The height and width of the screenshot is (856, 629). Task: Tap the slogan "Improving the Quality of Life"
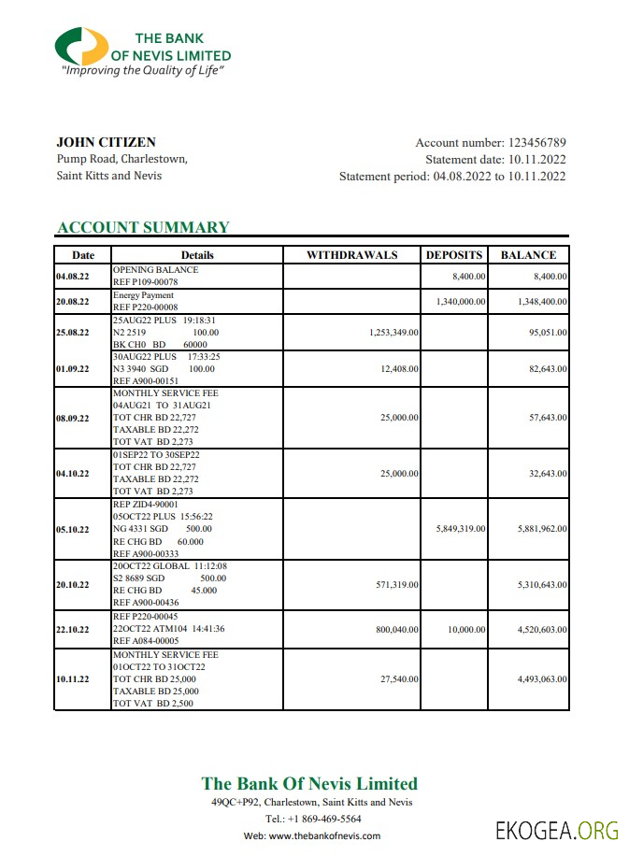pos(144,70)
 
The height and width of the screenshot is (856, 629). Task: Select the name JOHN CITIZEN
pos(107,142)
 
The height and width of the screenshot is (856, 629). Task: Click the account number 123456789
pos(536,143)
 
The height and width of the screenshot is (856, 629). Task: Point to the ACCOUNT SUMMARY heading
pos(143,227)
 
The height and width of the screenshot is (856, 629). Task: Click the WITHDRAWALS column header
pos(351,255)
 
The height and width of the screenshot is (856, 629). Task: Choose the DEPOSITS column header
pos(454,255)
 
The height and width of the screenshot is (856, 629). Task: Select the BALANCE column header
pos(528,255)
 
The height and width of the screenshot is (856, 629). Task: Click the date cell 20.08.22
pos(73,302)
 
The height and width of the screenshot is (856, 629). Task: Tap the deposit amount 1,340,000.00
pos(460,302)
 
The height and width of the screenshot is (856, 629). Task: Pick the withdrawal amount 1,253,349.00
pos(387,332)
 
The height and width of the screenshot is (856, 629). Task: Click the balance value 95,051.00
pos(547,332)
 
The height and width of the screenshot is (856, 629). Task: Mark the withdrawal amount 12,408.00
pos(396,369)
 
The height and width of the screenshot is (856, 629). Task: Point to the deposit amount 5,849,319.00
pos(460,529)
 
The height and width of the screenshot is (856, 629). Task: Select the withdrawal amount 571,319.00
pos(393,584)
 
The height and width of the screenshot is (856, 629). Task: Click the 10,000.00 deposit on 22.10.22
pos(466,630)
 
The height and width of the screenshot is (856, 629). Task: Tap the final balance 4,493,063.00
pos(541,679)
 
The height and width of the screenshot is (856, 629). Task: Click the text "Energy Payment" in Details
pos(143,295)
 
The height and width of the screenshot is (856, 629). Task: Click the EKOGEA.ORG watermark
pos(556,831)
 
